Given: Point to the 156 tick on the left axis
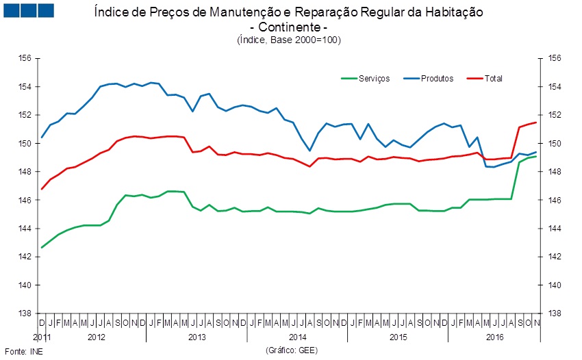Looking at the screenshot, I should tap(25, 59).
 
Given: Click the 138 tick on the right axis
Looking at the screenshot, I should tap(554, 313).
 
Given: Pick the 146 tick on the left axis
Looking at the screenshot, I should tap(25, 201).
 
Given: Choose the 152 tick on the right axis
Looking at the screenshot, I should tap(554, 116).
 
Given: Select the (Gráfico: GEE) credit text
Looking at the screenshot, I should tap(292, 350).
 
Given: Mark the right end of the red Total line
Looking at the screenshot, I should tap(536, 123).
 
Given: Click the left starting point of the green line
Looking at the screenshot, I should tap(42, 247).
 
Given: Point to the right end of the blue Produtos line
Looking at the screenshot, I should tap(536, 152).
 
